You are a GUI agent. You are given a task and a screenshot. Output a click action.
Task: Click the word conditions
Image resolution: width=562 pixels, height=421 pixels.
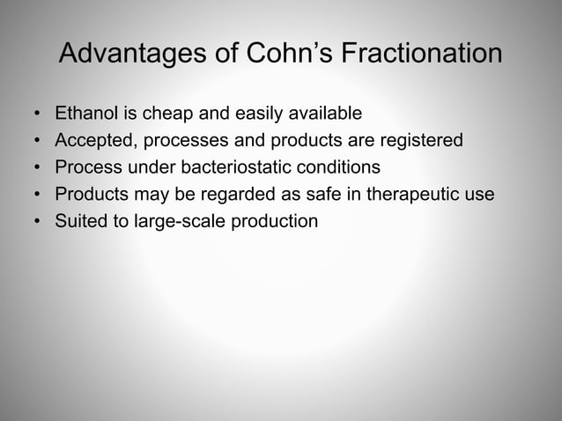[x=343, y=166]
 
